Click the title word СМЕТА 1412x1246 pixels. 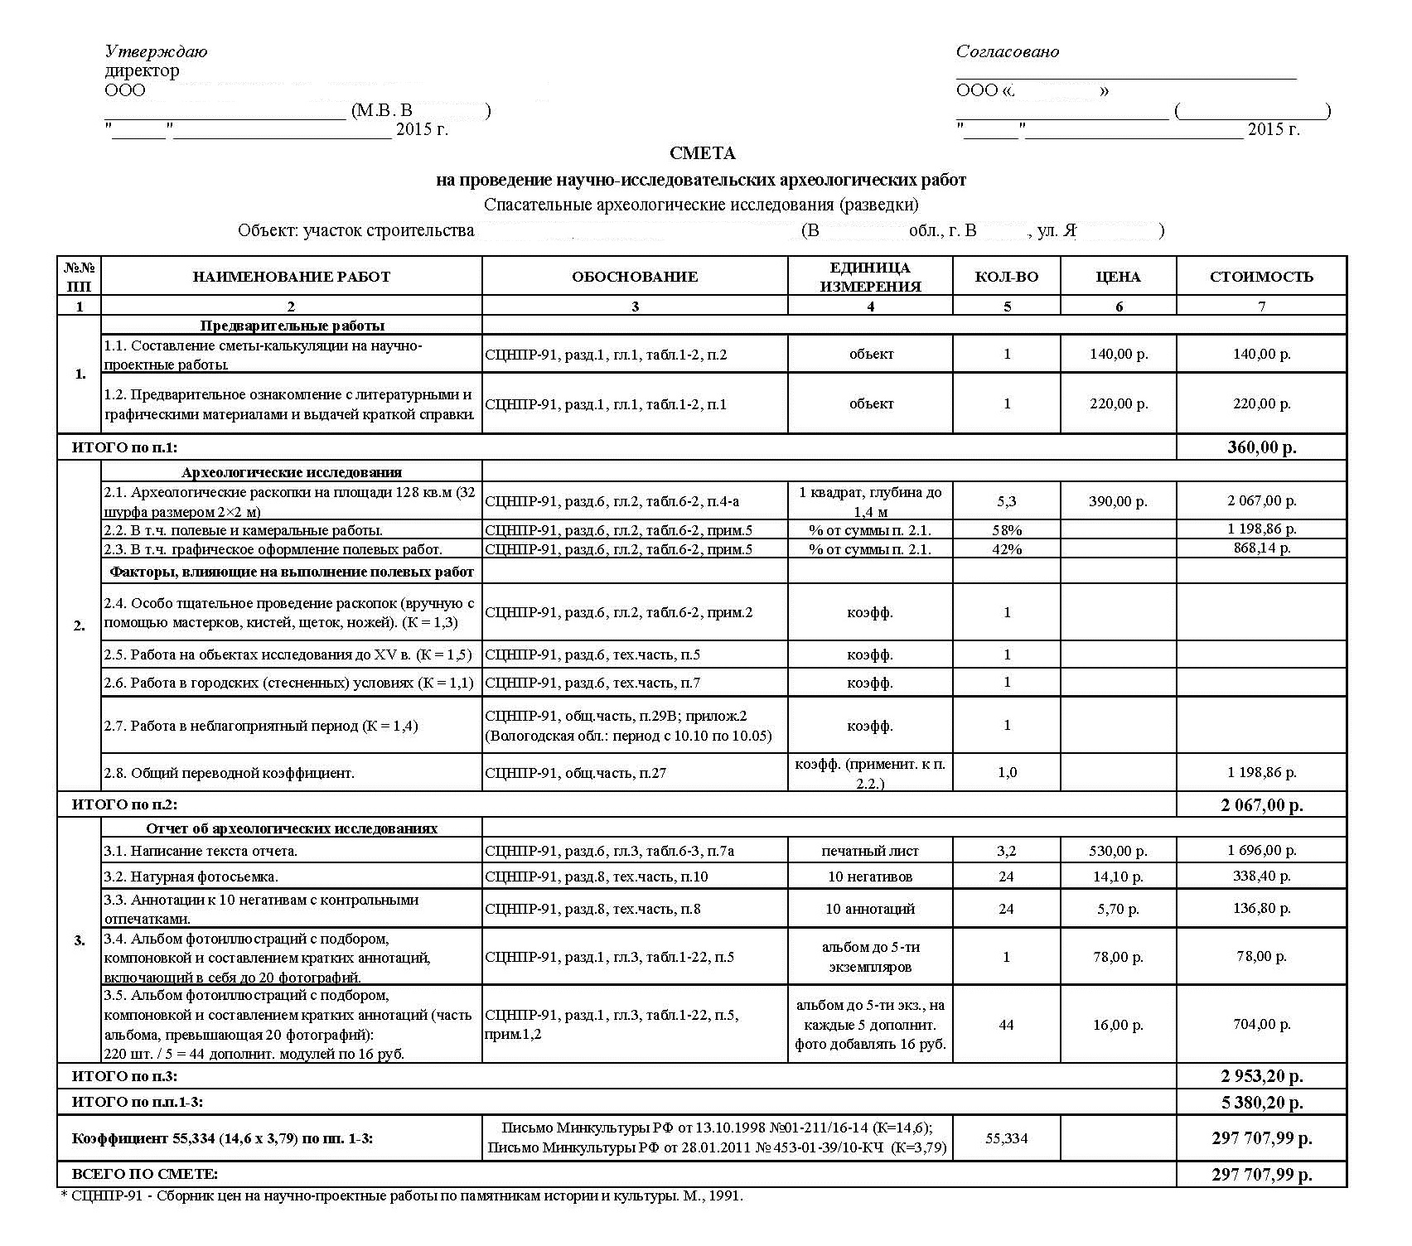pyautogui.click(x=702, y=153)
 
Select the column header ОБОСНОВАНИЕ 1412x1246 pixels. pyautogui.click(x=635, y=277)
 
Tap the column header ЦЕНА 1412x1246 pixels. pyautogui.click(x=1118, y=277)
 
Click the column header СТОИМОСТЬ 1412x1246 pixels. pyautogui.click(x=1261, y=277)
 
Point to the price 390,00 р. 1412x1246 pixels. pyautogui.click(x=1118, y=501)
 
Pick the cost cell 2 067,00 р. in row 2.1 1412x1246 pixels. pyautogui.click(x=1262, y=500)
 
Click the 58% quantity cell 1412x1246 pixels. pyautogui.click(x=1007, y=530)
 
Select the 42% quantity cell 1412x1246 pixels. pyautogui.click(x=1007, y=549)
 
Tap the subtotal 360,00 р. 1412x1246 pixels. pyautogui.click(x=1262, y=448)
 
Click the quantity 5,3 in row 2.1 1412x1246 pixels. pyautogui.click(x=1007, y=501)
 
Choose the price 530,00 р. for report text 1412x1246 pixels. pyautogui.click(x=1118, y=851)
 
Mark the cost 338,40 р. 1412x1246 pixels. pyautogui.click(x=1262, y=876)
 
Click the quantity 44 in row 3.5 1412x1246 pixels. pyautogui.click(x=1007, y=1025)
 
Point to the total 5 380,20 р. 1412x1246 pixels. pyautogui.click(x=1262, y=1103)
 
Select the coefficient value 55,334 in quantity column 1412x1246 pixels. pyautogui.click(x=1007, y=1138)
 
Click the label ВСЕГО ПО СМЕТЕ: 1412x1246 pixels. pyautogui.click(x=145, y=1174)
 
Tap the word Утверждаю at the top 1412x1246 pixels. pyautogui.click(x=157, y=51)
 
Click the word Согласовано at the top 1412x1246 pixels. pyautogui.click(x=1008, y=51)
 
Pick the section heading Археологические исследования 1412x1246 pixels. pyautogui.click(x=292, y=472)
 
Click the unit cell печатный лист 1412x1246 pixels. pyautogui.click(x=870, y=851)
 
